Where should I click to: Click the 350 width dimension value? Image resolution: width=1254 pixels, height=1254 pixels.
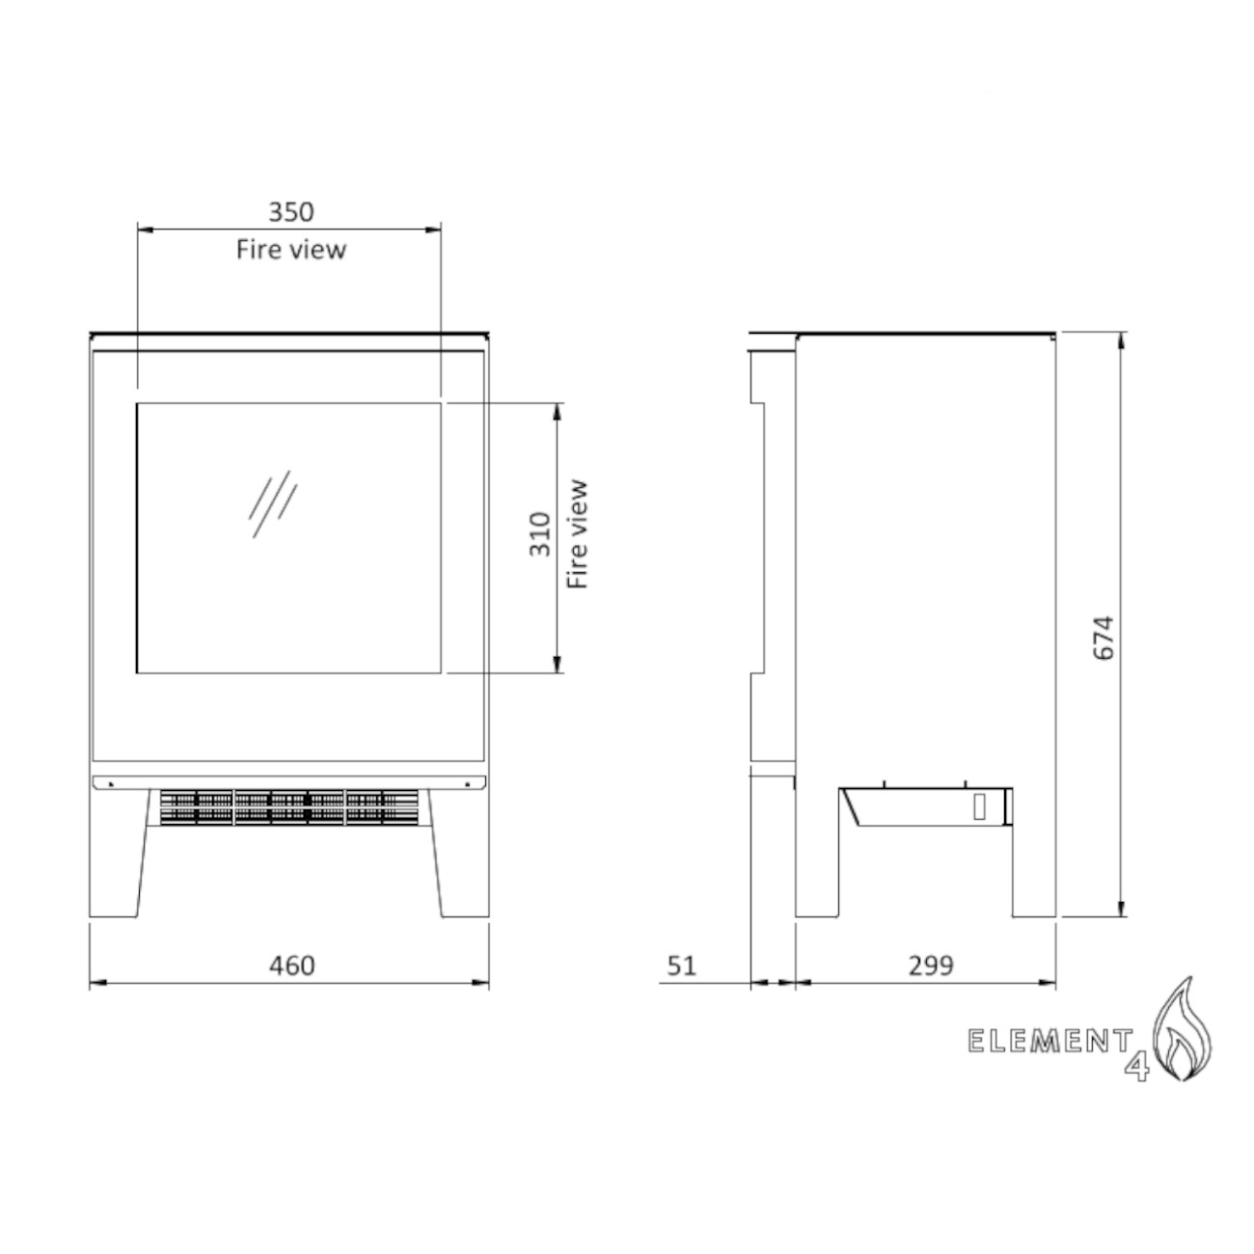(x=290, y=211)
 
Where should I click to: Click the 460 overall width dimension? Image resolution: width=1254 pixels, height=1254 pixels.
(x=291, y=965)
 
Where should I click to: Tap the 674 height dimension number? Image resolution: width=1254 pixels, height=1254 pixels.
(x=1104, y=637)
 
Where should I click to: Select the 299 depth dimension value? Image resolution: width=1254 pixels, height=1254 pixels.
(x=931, y=965)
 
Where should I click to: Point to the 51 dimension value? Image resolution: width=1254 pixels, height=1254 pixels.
(x=681, y=965)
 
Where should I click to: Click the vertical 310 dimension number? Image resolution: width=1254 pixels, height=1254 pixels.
(x=540, y=534)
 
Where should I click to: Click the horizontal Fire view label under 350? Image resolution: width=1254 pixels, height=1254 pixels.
(x=290, y=249)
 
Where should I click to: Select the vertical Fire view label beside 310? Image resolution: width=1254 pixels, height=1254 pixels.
(x=577, y=534)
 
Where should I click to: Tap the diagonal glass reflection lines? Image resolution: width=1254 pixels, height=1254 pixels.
(x=272, y=504)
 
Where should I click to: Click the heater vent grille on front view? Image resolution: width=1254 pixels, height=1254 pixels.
(x=289, y=806)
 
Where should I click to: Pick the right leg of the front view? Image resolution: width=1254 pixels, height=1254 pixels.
(x=461, y=859)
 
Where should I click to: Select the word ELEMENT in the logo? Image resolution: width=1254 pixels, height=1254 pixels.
(x=1050, y=1041)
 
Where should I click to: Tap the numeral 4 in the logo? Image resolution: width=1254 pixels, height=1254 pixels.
(x=1138, y=1067)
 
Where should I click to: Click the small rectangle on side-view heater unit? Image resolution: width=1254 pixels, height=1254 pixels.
(x=980, y=806)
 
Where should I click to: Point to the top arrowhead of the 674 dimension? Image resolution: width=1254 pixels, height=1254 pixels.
(x=1121, y=339)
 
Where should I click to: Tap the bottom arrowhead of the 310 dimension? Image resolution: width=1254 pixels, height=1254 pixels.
(x=557, y=664)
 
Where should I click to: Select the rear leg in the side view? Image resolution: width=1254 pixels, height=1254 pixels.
(x=1034, y=868)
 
